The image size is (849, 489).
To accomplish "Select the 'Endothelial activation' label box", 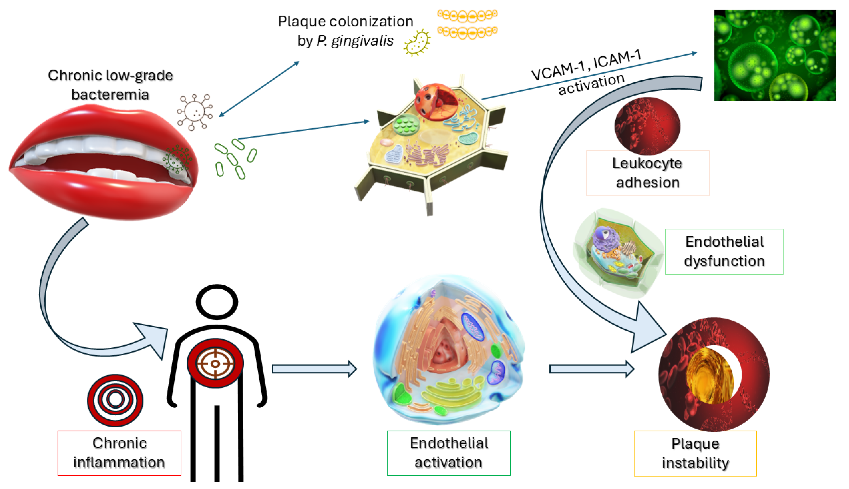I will (x=448, y=453).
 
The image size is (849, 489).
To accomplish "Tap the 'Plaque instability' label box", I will (x=695, y=453).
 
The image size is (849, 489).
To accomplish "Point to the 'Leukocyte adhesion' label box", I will (x=647, y=173).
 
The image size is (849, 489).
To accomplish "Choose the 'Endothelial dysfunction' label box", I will (x=724, y=252).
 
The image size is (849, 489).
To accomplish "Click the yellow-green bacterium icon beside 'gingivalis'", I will (x=417, y=43).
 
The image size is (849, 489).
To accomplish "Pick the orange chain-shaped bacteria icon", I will (x=467, y=23).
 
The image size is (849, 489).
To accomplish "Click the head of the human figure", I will (x=217, y=302).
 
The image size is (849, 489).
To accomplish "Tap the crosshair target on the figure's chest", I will (x=215, y=363).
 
